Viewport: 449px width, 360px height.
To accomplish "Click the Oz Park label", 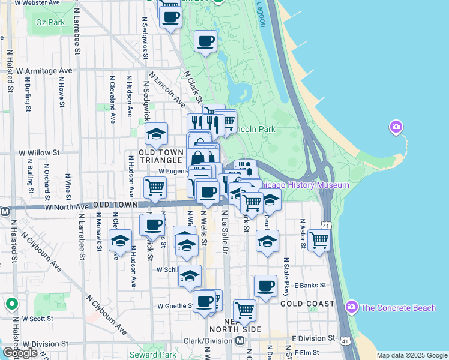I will [x=50, y=22].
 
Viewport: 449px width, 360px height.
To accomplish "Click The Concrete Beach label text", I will [x=399, y=308].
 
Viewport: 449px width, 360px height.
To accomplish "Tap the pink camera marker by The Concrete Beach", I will [x=352, y=308].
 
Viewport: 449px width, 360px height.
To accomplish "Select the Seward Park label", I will [x=152, y=355].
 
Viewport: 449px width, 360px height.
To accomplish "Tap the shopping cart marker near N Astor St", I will [x=319, y=239].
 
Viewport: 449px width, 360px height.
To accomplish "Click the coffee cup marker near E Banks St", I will [x=265, y=286].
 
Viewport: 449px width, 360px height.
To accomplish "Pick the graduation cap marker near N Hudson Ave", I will [x=120, y=241].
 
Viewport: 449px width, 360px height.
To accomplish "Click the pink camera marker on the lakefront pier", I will [x=396, y=127].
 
